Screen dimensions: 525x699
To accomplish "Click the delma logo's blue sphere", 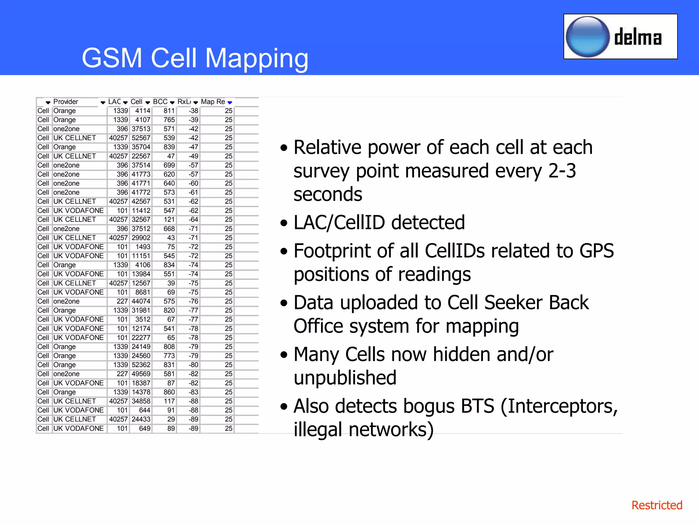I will pyautogui.click(x=587, y=37).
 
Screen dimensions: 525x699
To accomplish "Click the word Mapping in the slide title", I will pyautogui.click(x=257, y=58).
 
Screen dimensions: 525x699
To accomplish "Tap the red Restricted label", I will pyautogui.click(x=656, y=505).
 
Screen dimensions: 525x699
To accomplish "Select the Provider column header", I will pyautogui.click(x=66, y=102).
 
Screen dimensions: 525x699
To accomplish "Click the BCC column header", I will pyautogui.click(x=160, y=102).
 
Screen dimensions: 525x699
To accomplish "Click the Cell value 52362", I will pyautogui.click(x=141, y=365).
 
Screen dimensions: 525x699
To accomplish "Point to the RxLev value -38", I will pyautogui.click(x=194, y=111).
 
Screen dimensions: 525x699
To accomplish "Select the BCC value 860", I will pyautogui.click(x=169, y=392).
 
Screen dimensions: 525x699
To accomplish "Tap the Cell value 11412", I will pyautogui.click(x=141, y=211).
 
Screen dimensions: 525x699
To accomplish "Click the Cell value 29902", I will pyautogui.click(x=141, y=238).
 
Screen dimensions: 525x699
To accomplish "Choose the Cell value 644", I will pyautogui.click(x=144, y=410).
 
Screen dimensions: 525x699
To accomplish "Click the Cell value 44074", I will pyautogui.click(x=141, y=301).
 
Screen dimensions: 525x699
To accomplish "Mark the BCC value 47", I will pyautogui.click(x=171, y=156).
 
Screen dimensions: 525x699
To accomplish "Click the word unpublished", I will pyautogui.click(x=345, y=378).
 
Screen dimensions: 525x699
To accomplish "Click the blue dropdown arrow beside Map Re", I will pyautogui.click(x=230, y=103).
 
